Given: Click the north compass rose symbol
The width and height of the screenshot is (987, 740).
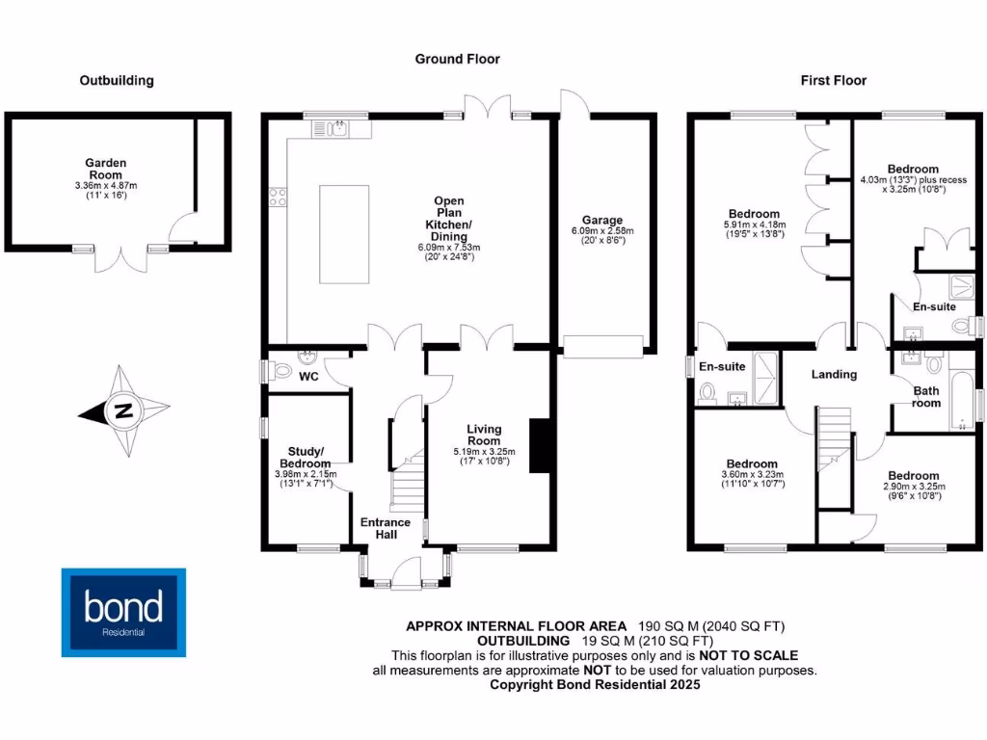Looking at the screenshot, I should point(123,411).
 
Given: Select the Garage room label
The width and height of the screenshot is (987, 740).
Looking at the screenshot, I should point(601,220).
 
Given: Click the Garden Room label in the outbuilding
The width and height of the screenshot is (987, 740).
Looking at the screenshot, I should point(106,169).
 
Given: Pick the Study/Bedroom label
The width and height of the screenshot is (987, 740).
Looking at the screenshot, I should point(306,457).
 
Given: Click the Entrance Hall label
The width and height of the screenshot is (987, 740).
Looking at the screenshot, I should point(386,529).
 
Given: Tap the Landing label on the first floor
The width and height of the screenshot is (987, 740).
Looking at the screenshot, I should point(834,374).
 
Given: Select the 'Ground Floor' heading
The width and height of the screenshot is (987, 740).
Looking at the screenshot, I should point(457,59).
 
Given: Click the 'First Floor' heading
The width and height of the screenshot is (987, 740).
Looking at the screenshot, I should point(833,81).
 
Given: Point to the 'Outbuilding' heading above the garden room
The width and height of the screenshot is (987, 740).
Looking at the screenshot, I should point(116,81).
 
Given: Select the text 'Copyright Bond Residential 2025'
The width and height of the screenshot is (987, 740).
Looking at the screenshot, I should point(595,685).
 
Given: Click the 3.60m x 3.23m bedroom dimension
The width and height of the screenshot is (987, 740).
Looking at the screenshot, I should point(753,475).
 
